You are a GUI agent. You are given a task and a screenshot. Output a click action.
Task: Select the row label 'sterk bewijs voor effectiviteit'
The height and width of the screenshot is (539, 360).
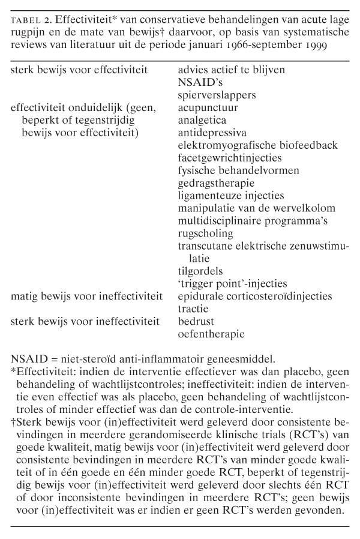(79, 70)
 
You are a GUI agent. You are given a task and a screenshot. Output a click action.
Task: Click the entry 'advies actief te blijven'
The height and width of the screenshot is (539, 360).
(231, 70)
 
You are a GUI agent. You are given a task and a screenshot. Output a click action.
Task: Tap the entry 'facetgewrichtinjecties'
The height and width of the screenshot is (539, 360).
(229, 158)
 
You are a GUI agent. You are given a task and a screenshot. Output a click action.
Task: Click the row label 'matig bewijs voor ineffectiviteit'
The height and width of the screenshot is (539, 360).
(82, 296)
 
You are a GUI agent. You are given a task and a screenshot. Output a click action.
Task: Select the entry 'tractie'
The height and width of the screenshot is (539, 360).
(193, 308)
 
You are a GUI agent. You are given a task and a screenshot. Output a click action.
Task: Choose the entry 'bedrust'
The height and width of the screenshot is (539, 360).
(196, 321)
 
